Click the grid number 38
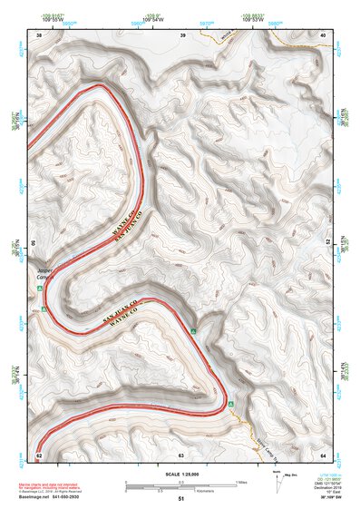coord(39,34)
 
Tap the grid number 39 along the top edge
coord(184,34)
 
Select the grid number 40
coord(324,34)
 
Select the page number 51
coord(181,499)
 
